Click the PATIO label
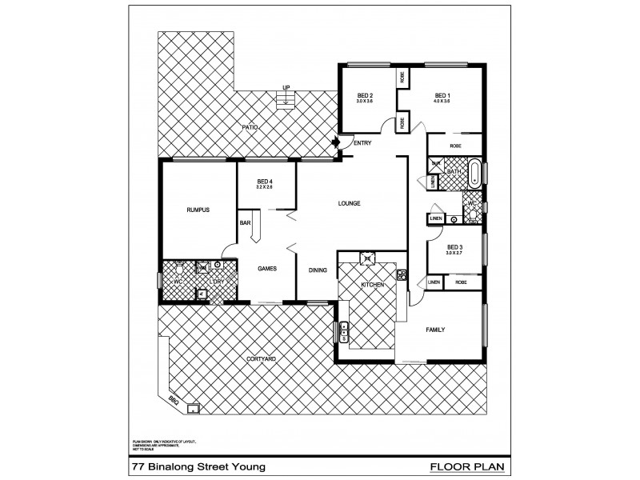point(250,127)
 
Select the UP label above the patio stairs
point(285,88)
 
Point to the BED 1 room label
point(442,95)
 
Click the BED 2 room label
point(365,95)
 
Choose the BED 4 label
point(265,182)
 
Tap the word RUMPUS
point(198,210)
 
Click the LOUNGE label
point(349,203)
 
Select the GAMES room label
point(266,269)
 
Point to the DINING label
point(318,270)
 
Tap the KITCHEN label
point(372,285)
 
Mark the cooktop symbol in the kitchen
point(367,257)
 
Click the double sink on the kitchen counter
point(344,331)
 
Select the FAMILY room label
point(434,330)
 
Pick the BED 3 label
point(455,249)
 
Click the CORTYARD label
point(262,359)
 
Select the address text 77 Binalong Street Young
point(192,466)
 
